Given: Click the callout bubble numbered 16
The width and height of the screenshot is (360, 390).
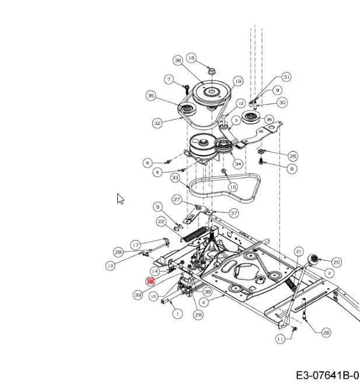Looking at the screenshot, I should (191, 58).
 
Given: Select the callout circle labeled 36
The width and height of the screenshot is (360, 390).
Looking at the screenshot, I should (178, 60).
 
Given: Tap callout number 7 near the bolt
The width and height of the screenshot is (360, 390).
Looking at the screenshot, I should (169, 79).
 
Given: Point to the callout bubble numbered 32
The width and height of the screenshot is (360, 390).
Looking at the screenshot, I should (158, 123).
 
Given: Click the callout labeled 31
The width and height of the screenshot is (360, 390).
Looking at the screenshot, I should (286, 77).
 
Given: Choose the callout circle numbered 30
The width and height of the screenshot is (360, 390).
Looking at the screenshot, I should (282, 102).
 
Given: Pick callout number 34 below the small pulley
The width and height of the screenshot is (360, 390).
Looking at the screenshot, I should (238, 164).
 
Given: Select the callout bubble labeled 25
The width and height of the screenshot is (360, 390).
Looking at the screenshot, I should (293, 156).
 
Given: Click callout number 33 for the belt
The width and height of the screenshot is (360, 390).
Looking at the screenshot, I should (175, 177).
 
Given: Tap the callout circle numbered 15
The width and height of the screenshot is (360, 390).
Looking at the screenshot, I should (233, 187).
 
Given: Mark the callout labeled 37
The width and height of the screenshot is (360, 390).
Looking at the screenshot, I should (233, 213).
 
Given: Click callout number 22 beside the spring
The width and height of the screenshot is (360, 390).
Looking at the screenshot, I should (161, 221).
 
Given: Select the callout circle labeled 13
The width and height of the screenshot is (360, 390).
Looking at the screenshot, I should (110, 265).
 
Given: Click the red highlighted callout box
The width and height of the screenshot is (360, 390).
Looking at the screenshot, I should (151, 281).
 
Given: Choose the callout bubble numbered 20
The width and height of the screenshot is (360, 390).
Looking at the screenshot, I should (337, 262).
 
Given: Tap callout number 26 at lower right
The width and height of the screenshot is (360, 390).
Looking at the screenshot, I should (326, 332).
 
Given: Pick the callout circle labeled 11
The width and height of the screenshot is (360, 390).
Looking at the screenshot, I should (281, 339).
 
